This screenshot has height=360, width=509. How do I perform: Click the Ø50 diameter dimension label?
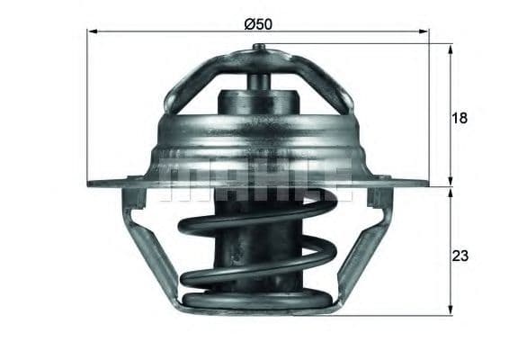point(258,23)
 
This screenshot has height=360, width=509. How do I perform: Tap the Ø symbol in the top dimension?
point(249,23)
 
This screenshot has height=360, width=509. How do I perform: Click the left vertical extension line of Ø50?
point(87,108)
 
